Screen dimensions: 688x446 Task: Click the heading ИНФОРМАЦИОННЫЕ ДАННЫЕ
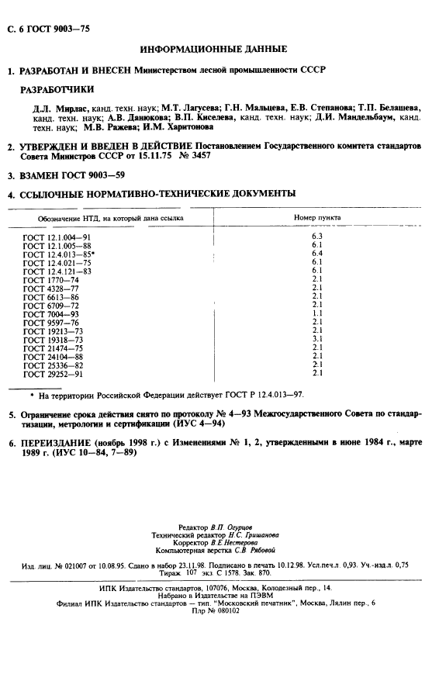point(213,49)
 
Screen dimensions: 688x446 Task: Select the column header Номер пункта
point(317,218)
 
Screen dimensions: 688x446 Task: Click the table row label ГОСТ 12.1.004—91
point(57,237)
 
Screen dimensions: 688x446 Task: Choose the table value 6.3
point(316,236)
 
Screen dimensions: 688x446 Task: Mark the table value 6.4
point(316,253)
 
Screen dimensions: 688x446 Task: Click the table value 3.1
point(316,338)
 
